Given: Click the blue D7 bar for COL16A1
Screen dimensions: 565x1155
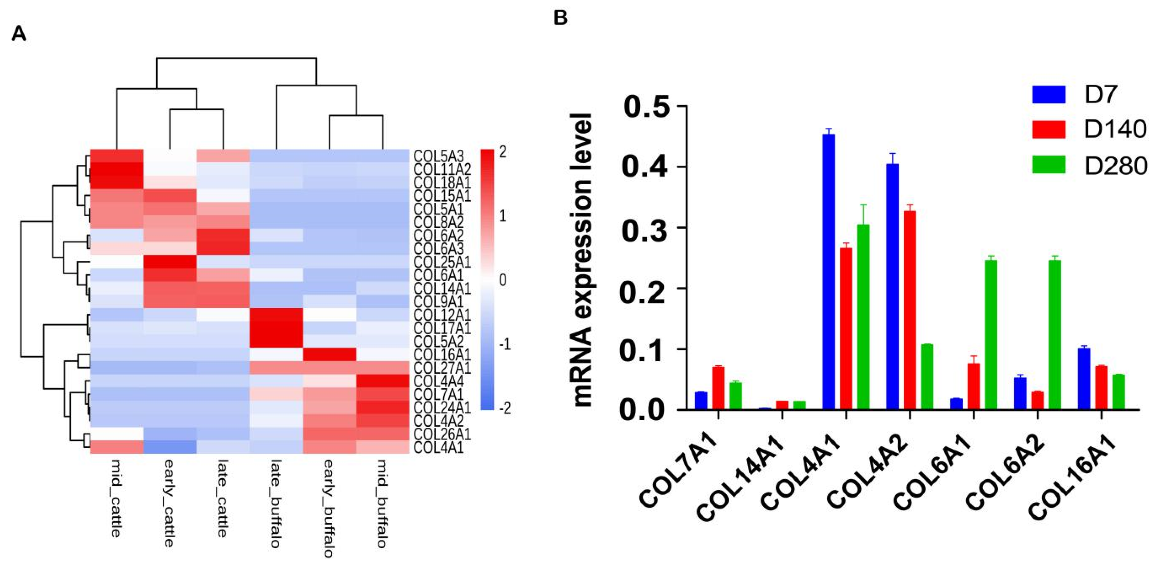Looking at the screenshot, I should point(1084,379).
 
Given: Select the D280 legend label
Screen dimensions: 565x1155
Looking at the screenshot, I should point(1115,166).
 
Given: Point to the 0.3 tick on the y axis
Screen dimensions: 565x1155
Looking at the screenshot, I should point(643,228).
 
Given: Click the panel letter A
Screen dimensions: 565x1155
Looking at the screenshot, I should point(19,34).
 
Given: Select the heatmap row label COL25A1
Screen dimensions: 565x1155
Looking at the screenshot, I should point(441,262).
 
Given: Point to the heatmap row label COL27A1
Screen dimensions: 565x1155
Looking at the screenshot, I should point(441,368).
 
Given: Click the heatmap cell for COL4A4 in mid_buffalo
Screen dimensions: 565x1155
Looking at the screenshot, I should point(383,381).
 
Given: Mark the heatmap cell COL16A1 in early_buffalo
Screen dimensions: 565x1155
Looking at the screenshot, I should point(329,355).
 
